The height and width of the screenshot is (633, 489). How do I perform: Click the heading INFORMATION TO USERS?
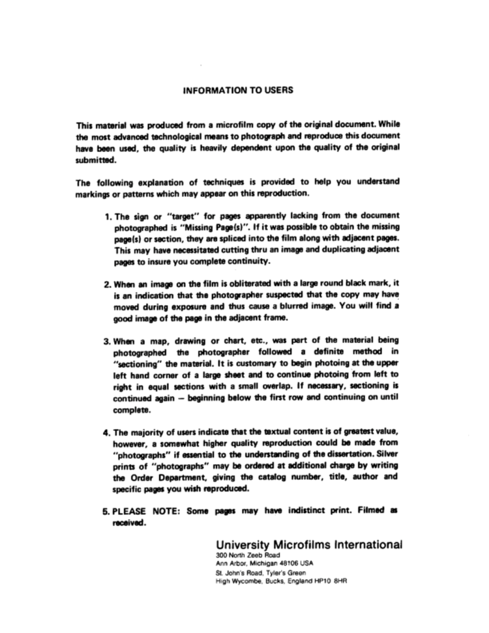[237, 91]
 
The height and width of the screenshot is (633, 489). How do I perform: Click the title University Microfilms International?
[308, 544]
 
